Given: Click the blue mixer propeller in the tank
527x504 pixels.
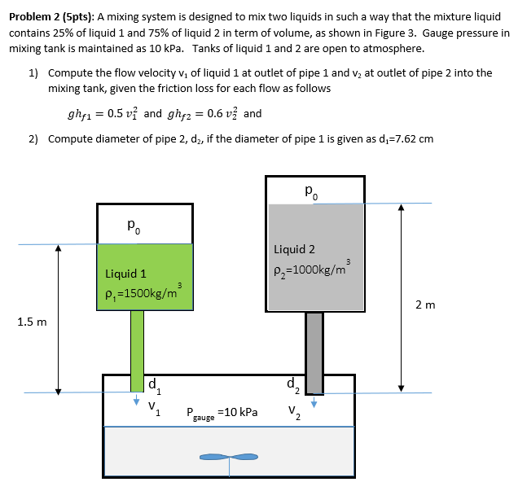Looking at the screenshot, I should coord(231,457).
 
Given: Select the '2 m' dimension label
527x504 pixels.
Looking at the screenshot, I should coord(424,305).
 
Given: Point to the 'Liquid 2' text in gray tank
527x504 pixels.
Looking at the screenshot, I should coord(294,249).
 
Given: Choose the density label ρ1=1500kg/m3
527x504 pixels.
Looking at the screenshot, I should coord(143,291).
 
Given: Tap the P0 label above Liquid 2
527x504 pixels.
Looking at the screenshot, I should coord(312,192).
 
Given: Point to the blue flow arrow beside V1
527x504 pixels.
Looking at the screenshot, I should coord(136,401).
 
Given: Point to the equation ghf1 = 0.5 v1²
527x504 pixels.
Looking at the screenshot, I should coord(103,114).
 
